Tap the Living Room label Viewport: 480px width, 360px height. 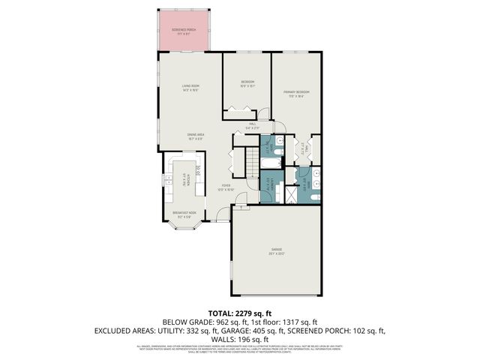[190, 87]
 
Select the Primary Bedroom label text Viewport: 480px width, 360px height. [296, 93]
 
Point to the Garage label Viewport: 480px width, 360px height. [276, 250]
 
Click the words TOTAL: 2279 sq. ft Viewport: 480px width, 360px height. [239, 313]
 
